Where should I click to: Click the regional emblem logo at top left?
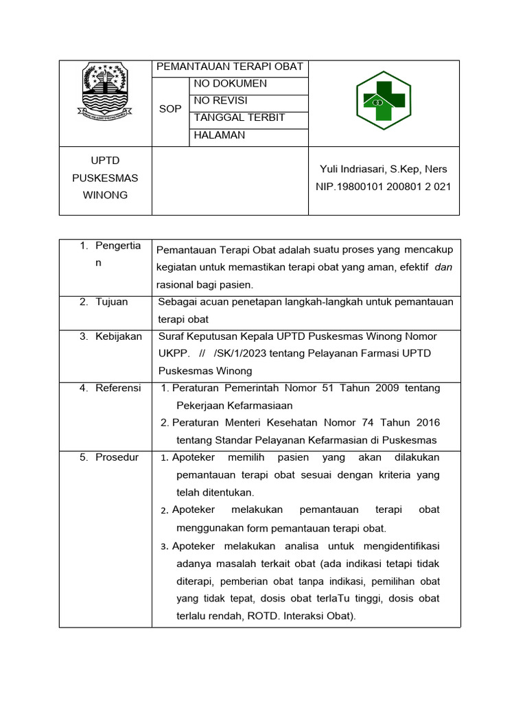pos(105,91)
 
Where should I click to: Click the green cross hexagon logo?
pos(383,102)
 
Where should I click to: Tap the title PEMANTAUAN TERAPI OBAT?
pos(229,67)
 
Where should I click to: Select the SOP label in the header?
pos(170,109)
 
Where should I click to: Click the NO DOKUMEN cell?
pos(231,84)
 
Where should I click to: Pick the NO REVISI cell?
pos(221,100)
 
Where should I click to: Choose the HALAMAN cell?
pos(220,135)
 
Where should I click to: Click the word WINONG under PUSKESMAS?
pos(105,195)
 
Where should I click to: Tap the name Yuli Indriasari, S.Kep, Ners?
pos(384,169)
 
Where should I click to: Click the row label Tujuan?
pos(112,301)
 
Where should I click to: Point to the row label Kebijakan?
pos(119,336)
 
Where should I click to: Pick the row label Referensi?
pos(118,388)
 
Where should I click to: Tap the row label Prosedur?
pos(117,457)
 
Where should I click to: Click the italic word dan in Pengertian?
pos(443,267)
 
